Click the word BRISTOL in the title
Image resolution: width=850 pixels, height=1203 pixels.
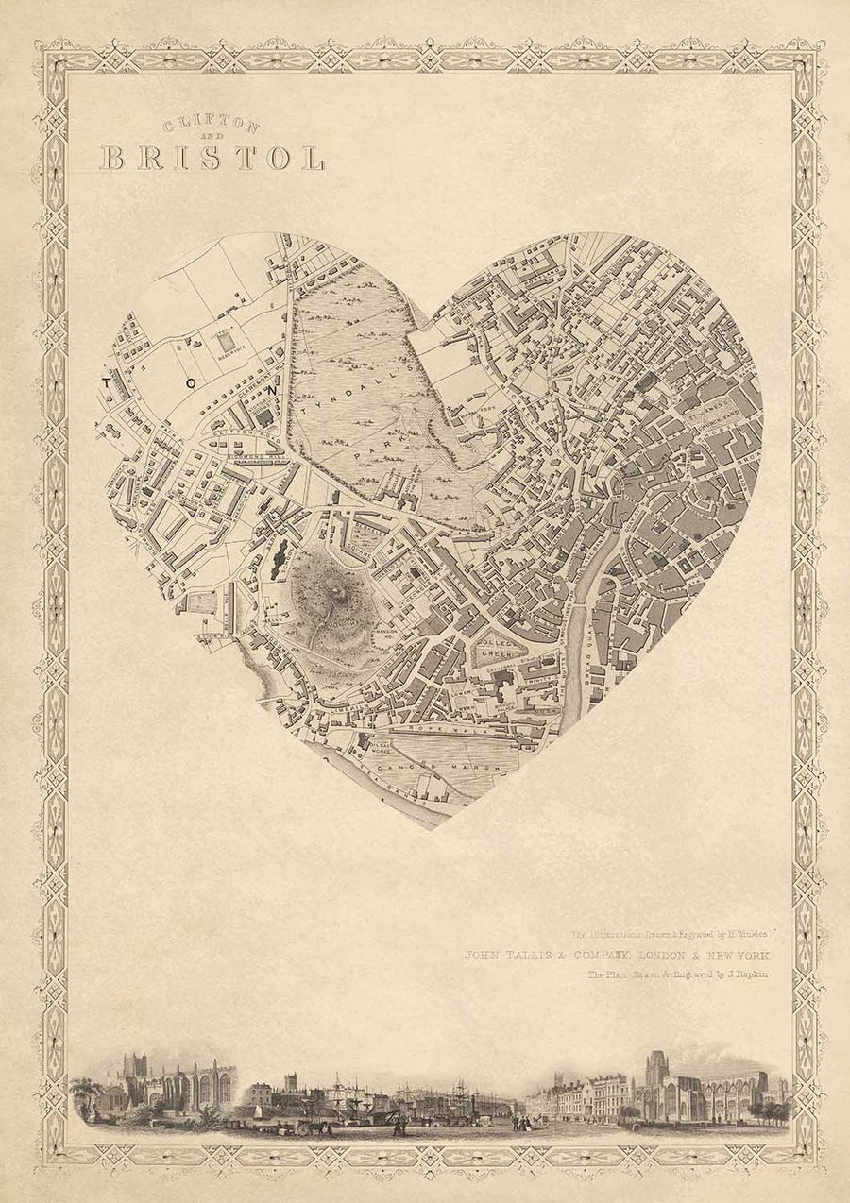point(212,157)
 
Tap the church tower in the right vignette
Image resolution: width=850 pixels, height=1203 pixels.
point(656,1072)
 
